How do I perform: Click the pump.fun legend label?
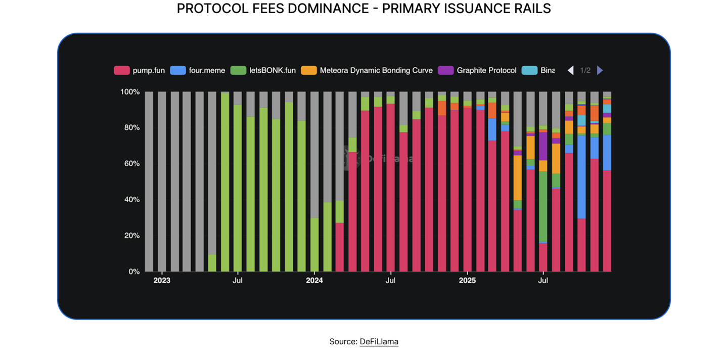click(x=148, y=71)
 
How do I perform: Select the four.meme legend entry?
click(x=207, y=71)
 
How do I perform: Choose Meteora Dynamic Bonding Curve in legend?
click(x=376, y=71)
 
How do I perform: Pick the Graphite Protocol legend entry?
click(x=486, y=71)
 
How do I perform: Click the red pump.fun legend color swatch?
click(x=121, y=71)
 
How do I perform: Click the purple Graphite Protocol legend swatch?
click(x=445, y=71)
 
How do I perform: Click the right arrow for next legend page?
click(x=600, y=71)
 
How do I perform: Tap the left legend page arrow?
click(x=571, y=71)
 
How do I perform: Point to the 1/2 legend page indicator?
click(x=585, y=71)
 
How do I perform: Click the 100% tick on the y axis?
click(x=129, y=92)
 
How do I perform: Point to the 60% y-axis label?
click(x=131, y=164)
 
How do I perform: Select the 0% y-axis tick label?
click(x=133, y=271)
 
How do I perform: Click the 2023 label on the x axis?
click(x=162, y=280)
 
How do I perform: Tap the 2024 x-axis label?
click(x=314, y=280)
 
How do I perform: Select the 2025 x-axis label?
click(x=467, y=280)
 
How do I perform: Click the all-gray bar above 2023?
click(x=162, y=182)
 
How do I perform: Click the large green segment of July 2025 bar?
click(x=543, y=206)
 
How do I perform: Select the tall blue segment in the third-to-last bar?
click(x=581, y=177)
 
